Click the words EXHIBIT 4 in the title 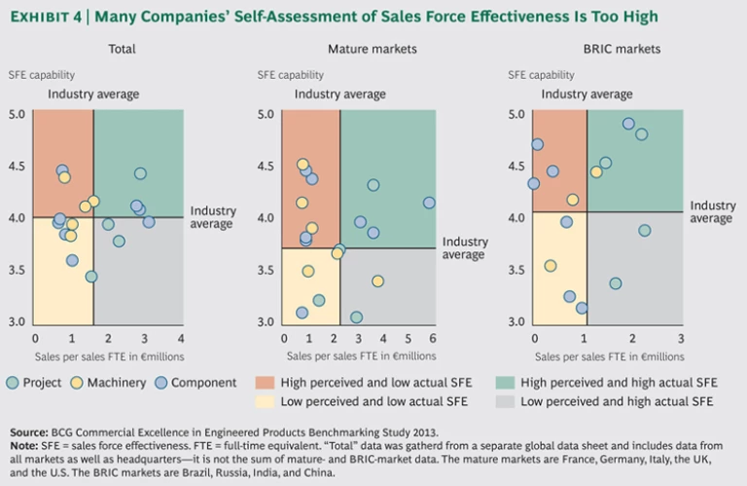coord(50,17)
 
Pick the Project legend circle coord(12,383)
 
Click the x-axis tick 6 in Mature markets coord(433,338)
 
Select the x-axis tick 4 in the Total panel coord(182,338)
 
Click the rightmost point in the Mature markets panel coord(429,203)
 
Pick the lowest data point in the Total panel coord(90,277)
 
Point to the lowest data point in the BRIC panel coord(582,308)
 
